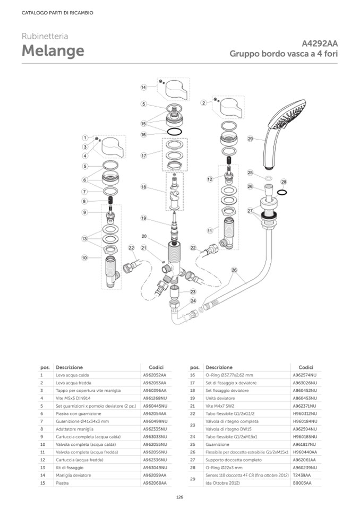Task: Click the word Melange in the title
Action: [x=53, y=51]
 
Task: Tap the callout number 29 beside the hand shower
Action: [x=250, y=140]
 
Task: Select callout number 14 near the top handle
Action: [x=143, y=88]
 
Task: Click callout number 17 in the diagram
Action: [x=143, y=156]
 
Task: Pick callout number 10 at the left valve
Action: [x=84, y=258]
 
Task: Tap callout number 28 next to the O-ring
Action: [x=284, y=182]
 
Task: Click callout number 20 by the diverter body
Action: [x=143, y=236]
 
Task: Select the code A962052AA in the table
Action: [x=155, y=375]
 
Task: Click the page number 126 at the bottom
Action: [x=179, y=497]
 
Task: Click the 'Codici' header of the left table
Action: [x=155, y=367]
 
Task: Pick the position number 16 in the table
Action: [x=194, y=375]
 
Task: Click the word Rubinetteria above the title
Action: [x=45, y=36]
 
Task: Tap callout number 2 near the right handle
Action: [x=203, y=102]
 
